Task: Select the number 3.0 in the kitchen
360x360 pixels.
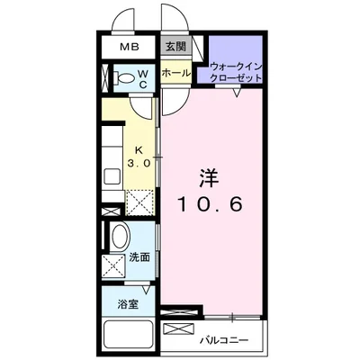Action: [x=138, y=164]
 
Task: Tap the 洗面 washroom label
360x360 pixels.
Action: [x=139, y=258]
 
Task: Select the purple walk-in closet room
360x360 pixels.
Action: [x=237, y=58]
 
